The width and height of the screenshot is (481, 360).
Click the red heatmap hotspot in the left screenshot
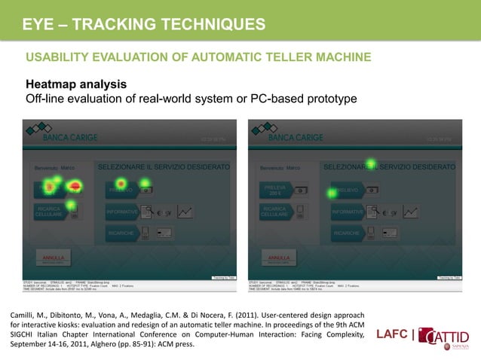tap(75, 185)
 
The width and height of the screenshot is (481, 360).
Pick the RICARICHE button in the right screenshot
tap(347, 233)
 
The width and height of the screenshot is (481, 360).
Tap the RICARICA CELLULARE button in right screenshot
tap(274, 212)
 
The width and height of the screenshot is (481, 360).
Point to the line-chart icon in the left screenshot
tap(185, 212)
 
